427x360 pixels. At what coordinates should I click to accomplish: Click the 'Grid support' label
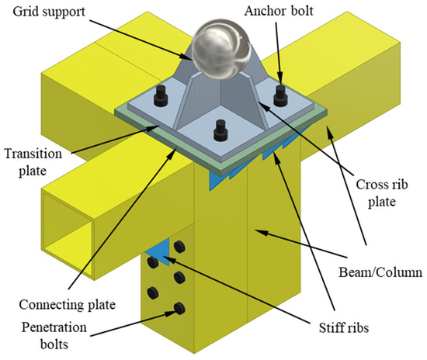(x=49, y=12)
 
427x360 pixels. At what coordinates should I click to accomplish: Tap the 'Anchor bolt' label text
(x=279, y=11)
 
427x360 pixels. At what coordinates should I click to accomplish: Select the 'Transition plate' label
(x=33, y=162)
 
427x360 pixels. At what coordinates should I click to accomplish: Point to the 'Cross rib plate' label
(x=382, y=193)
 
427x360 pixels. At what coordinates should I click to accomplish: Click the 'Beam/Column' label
(x=380, y=272)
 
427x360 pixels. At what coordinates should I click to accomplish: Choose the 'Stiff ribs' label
(x=344, y=327)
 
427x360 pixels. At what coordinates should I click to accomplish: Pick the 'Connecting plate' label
(x=68, y=305)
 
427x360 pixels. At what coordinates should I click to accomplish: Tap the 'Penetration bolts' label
(x=54, y=336)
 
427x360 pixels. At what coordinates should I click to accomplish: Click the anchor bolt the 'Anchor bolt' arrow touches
(x=280, y=95)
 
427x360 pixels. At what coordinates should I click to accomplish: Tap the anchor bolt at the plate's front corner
(x=220, y=130)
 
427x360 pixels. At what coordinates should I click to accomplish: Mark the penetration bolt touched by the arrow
(x=179, y=308)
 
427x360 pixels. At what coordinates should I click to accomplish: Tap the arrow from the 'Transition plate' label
(x=115, y=140)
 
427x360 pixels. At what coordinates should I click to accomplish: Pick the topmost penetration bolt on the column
(x=179, y=247)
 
